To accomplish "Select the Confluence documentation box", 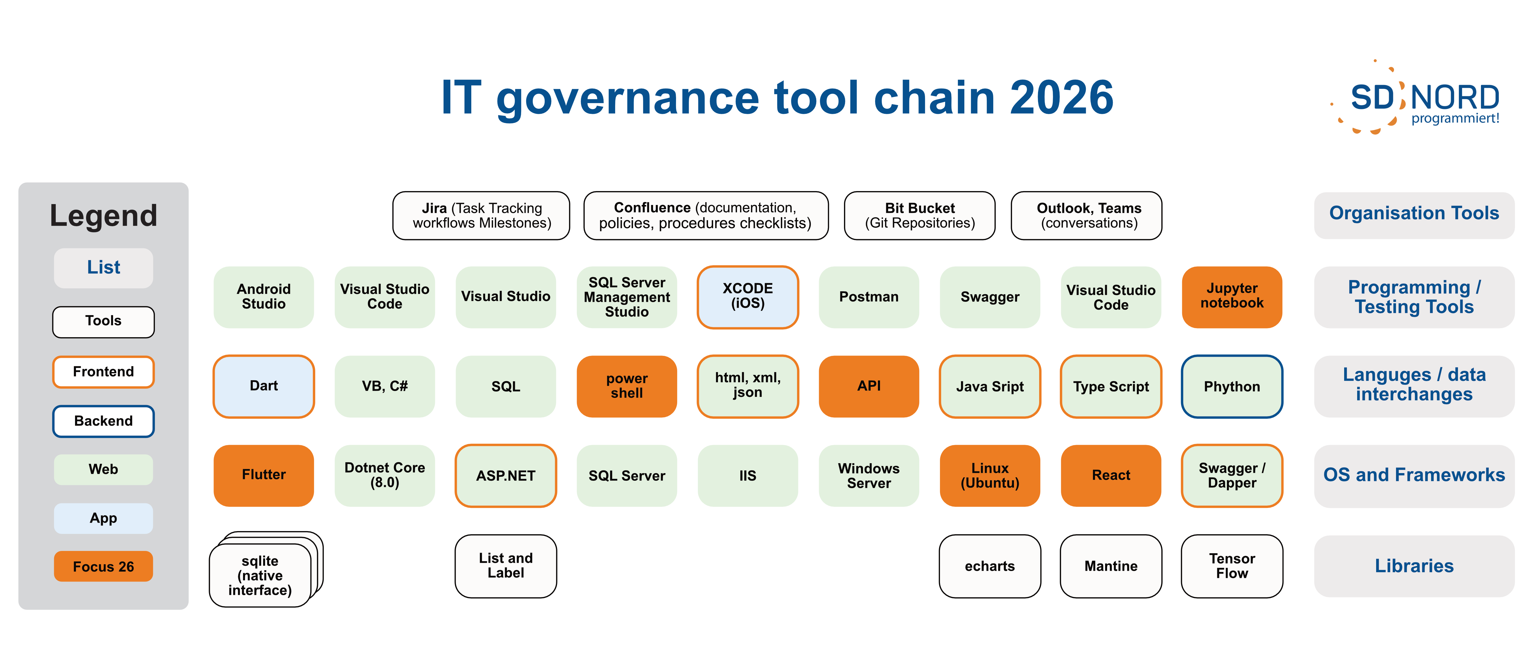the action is pyautogui.click(x=705, y=216).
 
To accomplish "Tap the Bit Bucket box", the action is pyautogui.click(x=919, y=216).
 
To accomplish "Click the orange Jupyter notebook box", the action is pyautogui.click(x=1232, y=297).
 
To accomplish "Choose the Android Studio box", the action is pyautogui.click(x=263, y=297).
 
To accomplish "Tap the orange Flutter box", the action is pyautogui.click(x=263, y=475).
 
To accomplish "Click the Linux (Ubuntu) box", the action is pyautogui.click(x=990, y=475).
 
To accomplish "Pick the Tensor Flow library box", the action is pyautogui.click(x=1232, y=566).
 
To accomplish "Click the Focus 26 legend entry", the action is pyautogui.click(x=103, y=566).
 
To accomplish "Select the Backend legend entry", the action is pyautogui.click(x=103, y=421).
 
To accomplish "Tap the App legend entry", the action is pyautogui.click(x=103, y=518).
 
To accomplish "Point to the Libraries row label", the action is pyautogui.click(x=1414, y=566).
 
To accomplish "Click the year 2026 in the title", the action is pyautogui.click(x=1062, y=97).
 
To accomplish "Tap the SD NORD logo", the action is pyautogui.click(x=1416, y=97).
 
